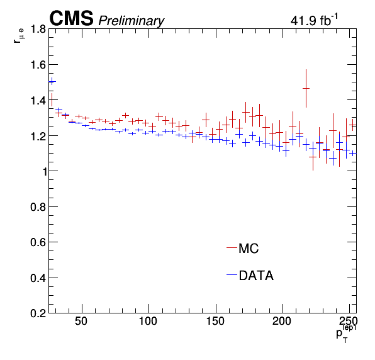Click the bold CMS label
coord(71,18)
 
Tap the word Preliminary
coord(132,21)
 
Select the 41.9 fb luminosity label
coord(314,20)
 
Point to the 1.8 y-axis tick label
coord(38,29)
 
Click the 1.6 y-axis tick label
coord(38,65)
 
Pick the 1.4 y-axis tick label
coord(38,100)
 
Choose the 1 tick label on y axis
coord(45,172)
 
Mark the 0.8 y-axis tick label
coord(38,207)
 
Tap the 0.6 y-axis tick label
coord(38,242)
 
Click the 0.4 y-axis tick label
coord(38,278)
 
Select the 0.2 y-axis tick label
coord(38,313)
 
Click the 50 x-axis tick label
coord(81,321)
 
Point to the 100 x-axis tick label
coord(148,321)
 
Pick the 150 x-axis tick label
coord(215,321)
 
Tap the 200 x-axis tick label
coord(282,321)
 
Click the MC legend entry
coord(243,249)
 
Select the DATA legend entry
coord(250,275)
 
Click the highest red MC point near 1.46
coord(306,88)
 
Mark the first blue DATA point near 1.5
coord(52,82)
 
